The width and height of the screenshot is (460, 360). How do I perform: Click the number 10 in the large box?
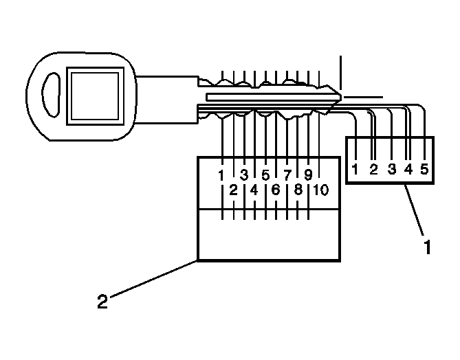[320, 190]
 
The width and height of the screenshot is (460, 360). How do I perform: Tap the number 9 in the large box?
[309, 175]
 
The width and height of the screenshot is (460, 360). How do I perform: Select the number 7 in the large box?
[287, 175]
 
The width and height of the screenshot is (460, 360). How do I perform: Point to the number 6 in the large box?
[276, 190]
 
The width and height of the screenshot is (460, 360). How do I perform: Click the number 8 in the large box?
[298, 190]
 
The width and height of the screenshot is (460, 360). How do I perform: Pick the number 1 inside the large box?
[221, 175]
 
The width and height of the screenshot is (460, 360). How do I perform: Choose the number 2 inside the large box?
[233, 190]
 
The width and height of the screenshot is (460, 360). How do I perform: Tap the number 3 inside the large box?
[243, 175]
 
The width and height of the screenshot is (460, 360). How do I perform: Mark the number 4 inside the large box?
[254, 190]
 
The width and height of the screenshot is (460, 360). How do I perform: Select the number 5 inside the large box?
[265, 175]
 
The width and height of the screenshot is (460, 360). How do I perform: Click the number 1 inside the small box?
[355, 169]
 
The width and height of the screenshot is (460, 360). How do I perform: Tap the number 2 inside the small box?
[373, 169]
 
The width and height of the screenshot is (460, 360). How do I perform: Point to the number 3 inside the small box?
[391, 169]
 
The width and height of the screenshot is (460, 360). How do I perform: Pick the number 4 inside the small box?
[408, 169]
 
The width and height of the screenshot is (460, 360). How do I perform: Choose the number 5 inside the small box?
[424, 169]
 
